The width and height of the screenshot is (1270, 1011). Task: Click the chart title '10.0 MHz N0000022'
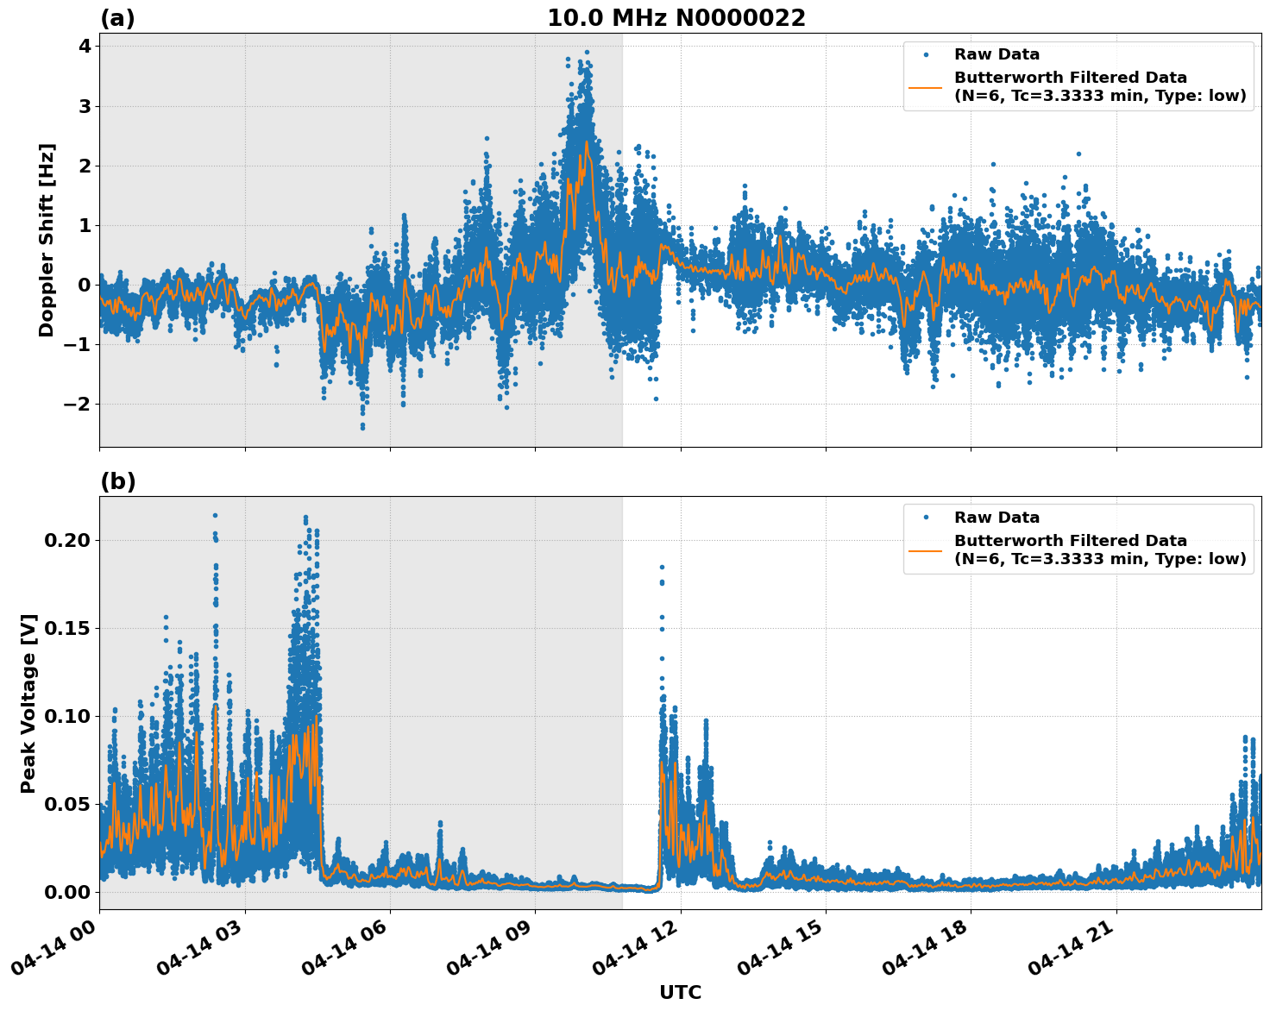point(676,18)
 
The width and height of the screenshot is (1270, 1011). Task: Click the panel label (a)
point(117,18)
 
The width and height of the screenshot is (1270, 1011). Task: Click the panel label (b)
point(117,481)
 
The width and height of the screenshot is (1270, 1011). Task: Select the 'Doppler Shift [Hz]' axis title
point(47,240)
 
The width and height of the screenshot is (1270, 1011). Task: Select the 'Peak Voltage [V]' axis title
point(28,703)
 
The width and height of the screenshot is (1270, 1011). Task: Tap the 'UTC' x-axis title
point(680,992)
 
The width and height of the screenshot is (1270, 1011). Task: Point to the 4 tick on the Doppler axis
point(85,46)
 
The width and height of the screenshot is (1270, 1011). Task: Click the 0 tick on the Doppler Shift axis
point(85,285)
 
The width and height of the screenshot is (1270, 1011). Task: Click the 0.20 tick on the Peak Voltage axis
point(66,540)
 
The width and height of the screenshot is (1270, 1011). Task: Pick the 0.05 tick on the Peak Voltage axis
point(66,804)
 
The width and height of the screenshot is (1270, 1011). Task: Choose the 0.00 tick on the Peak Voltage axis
point(66,892)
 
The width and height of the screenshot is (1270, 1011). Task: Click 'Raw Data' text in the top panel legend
point(997,54)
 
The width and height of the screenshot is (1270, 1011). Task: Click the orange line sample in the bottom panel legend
point(925,549)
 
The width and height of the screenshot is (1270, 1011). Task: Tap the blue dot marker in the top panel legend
point(925,54)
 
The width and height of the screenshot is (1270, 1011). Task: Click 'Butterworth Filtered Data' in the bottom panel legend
point(1070,541)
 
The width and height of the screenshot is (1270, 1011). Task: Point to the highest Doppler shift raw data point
point(587,52)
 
